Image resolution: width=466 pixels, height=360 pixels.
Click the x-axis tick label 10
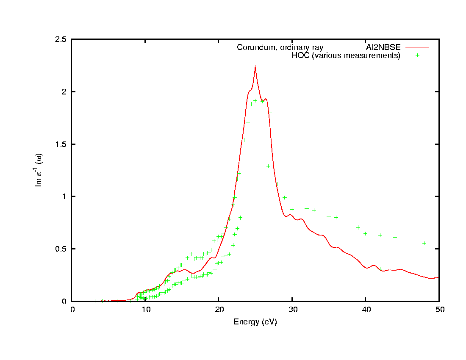pyautogui.click(x=145, y=310)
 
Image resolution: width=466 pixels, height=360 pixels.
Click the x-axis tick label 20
pyautogui.click(x=219, y=310)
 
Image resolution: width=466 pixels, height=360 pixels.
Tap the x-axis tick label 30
pyautogui.click(x=292, y=310)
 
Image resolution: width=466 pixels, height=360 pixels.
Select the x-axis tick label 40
pyautogui.click(x=366, y=310)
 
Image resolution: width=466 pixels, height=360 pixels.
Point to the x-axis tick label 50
pyautogui.click(x=439, y=310)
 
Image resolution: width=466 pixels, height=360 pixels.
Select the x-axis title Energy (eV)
pyautogui.click(x=255, y=322)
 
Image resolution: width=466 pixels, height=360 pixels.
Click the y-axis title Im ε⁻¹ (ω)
pyautogui.click(x=39, y=170)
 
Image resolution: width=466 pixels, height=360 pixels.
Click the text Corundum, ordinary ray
pyautogui.click(x=280, y=47)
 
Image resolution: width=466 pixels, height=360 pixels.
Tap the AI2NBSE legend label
pyautogui.click(x=383, y=47)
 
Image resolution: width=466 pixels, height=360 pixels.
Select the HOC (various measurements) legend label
pyautogui.click(x=346, y=55)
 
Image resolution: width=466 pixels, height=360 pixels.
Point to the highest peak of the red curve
pyautogui.click(x=255, y=66)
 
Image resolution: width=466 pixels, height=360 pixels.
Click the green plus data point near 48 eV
pyautogui.click(x=424, y=243)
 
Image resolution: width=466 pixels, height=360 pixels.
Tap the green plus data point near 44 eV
pyautogui.click(x=395, y=237)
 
